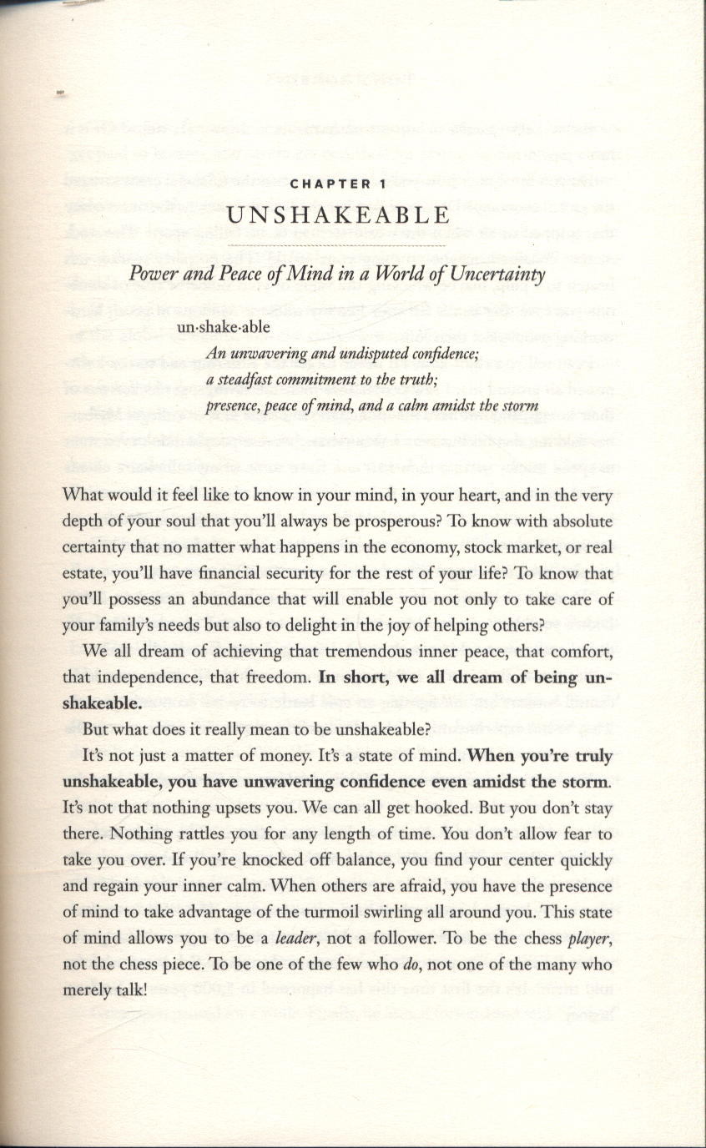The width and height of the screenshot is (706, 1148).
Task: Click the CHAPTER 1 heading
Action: tap(339, 184)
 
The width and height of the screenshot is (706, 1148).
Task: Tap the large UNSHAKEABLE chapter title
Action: tap(339, 214)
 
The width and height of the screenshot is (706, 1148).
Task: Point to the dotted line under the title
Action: tap(339, 246)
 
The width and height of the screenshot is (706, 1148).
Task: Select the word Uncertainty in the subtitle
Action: tap(499, 275)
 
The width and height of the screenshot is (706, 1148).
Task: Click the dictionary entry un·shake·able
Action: tap(223, 327)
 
